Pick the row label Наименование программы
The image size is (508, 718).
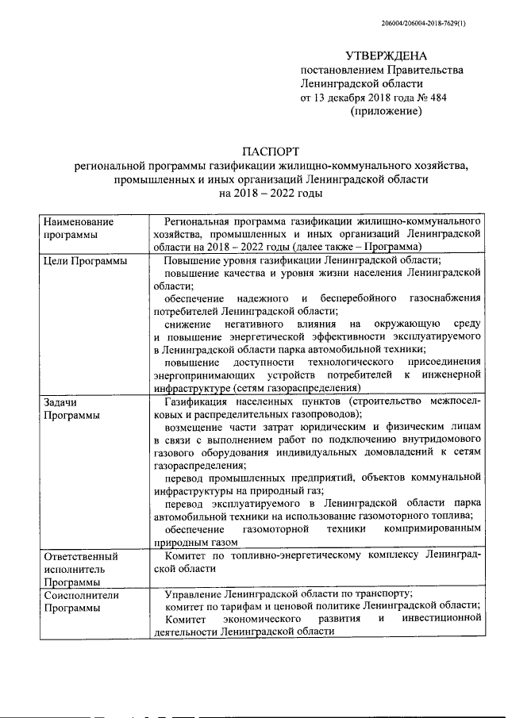[79, 228]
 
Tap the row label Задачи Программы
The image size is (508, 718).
[72, 409]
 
